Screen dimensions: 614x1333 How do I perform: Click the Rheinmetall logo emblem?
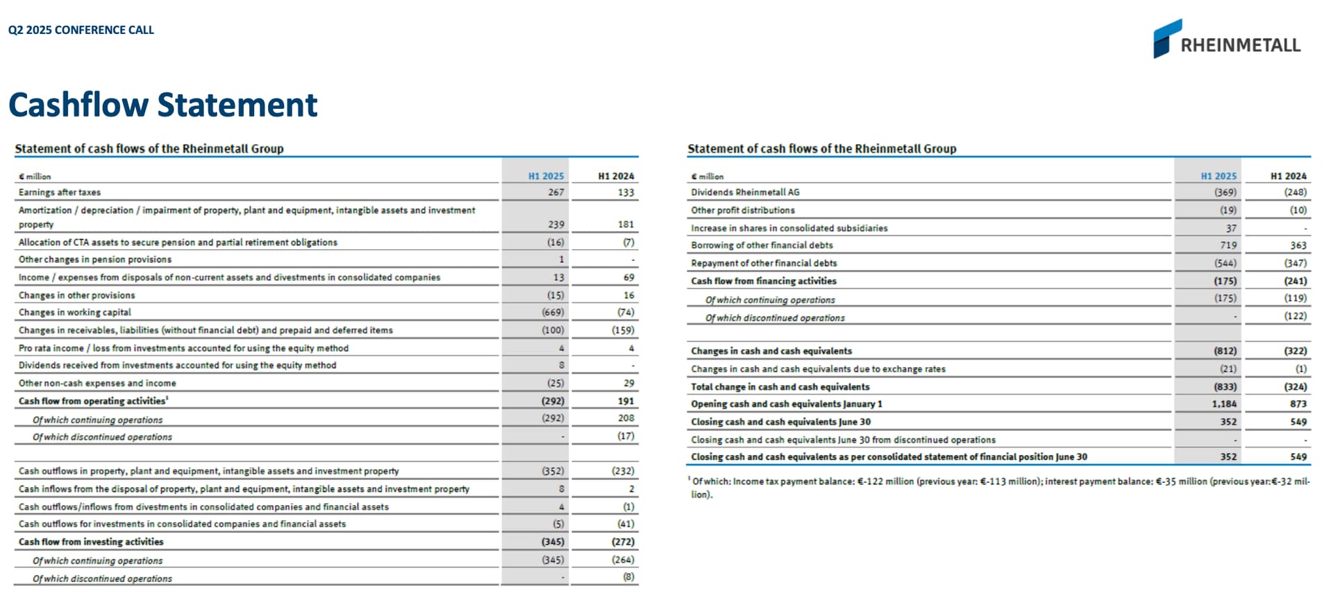1166,38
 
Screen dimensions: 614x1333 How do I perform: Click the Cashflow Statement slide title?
162,105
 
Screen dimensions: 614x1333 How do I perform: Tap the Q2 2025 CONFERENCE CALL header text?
81,30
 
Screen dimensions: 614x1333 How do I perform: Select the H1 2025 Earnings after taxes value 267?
555,192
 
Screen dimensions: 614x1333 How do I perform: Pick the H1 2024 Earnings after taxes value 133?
626,192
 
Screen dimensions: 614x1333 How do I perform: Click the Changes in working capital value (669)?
553,312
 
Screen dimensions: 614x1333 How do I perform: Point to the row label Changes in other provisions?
77,295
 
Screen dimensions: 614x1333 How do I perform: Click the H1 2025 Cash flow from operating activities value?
553,401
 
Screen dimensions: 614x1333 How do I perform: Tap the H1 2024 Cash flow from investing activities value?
623,542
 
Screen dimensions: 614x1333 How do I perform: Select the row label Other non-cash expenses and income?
97,383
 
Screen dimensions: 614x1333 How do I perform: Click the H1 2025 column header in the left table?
546,176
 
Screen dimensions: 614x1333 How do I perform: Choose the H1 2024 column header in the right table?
1288,176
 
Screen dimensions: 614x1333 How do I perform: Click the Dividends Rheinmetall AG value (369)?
1225,192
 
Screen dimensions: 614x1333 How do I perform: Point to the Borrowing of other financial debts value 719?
1228,245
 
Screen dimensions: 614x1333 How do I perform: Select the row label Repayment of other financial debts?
764,263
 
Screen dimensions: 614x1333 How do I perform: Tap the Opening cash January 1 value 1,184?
1224,404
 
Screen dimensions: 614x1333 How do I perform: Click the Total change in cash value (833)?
1225,386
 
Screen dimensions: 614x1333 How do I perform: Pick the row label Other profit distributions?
743,210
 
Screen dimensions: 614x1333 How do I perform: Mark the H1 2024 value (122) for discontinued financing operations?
1296,316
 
